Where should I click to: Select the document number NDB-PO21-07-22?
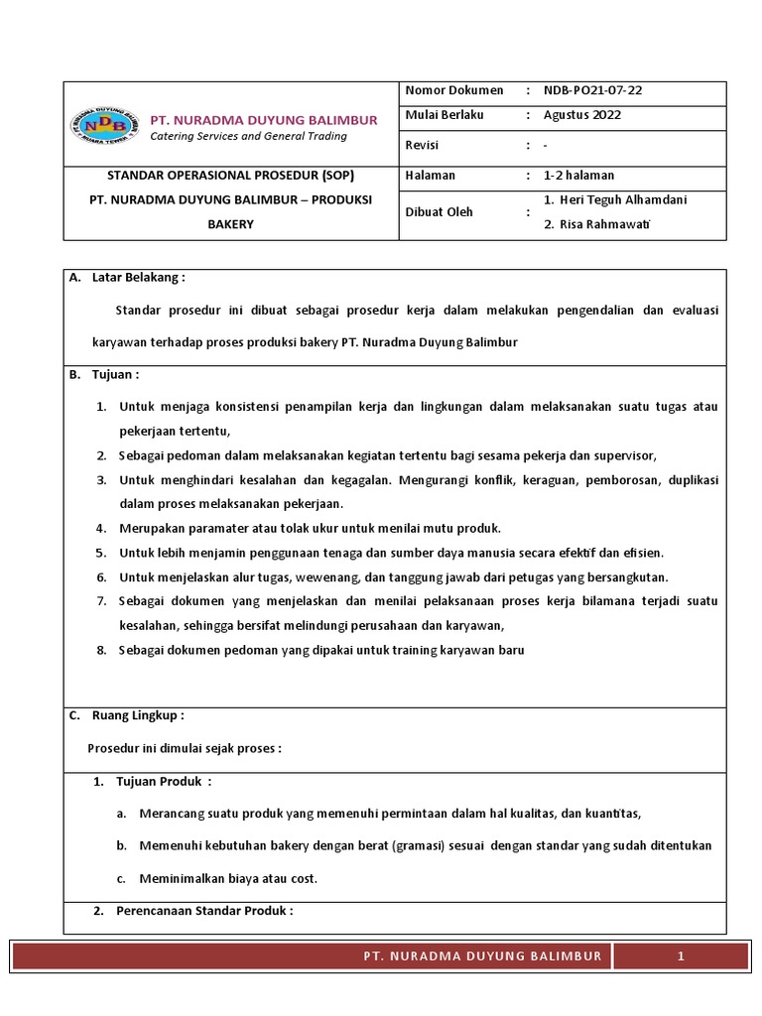(x=592, y=90)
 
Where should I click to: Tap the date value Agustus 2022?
(x=581, y=115)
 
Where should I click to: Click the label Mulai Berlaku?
(x=444, y=115)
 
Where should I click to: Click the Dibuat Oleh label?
(x=439, y=211)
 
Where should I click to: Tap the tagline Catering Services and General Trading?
(x=248, y=136)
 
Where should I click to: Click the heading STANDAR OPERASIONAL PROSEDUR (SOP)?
(x=230, y=175)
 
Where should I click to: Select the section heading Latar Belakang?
(x=138, y=277)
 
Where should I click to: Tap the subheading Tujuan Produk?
(x=164, y=781)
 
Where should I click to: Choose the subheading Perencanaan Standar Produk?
(x=204, y=911)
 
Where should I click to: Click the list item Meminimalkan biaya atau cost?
(x=228, y=878)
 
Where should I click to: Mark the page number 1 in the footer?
(x=681, y=955)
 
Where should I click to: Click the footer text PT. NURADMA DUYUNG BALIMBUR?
(x=482, y=955)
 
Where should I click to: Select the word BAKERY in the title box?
(x=230, y=224)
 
